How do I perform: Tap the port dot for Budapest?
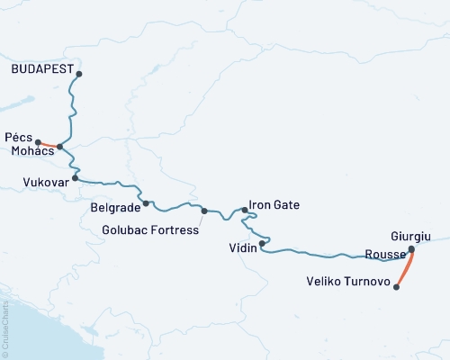pyautogui.click(x=79, y=74)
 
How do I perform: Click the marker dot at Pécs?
pyautogui.click(x=38, y=141)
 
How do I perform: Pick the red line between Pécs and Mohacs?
pyautogui.click(x=49, y=144)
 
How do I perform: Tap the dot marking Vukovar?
pyautogui.click(x=76, y=178)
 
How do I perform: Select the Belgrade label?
pyautogui.click(x=115, y=207)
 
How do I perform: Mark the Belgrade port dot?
pyautogui.click(x=146, y=203)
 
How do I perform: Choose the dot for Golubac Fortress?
pyautogui.click(x=204, y=211)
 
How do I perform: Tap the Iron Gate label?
pyautogui.click(x=274, y=205)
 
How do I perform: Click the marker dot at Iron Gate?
pyautogui.click(x=245, y=210)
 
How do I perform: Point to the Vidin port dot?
pyautogui.click(x=262, y=243)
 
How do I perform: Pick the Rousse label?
pyautogui.click(x=386, y=254)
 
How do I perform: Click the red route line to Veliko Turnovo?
pyautogui.click(x=405, y=268)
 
